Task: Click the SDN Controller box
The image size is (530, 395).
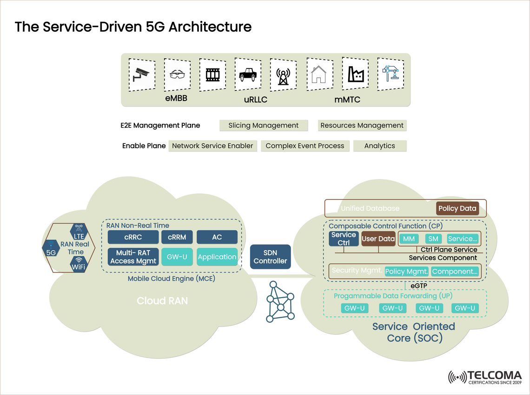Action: pos(270,257)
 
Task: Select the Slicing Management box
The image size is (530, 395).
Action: pos(263,125)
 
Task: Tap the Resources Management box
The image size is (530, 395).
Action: pos(362,125)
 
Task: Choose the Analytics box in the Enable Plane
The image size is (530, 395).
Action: pos(379,146)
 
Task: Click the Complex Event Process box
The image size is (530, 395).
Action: pos(305,146)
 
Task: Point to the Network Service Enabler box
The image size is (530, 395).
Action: pos(212,146)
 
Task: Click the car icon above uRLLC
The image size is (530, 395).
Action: pos(247,74)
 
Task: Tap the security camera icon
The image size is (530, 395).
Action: pos(142,74)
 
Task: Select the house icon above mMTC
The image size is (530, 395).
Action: pos(318,74)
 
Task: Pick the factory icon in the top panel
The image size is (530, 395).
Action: pos(355,74)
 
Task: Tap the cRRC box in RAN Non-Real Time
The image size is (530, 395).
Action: pos(133,237)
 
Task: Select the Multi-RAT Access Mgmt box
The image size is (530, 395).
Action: pos(133,257)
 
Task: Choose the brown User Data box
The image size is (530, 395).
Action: pos(378,238)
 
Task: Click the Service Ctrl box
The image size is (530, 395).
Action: pos(344,238)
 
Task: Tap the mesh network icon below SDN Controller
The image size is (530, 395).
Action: pos(280,303)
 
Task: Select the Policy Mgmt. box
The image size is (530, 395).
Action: pos(407,272)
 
